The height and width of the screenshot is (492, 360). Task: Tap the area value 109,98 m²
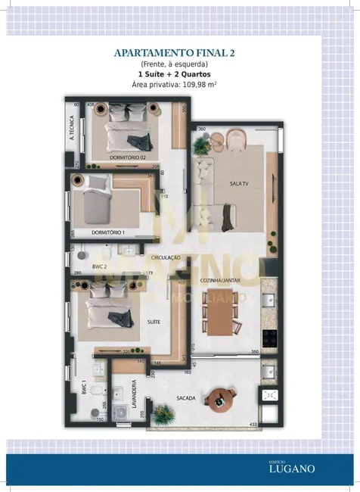[198, 86]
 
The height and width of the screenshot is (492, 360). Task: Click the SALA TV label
[240, 184]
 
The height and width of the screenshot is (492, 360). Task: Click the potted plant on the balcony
[162, 413]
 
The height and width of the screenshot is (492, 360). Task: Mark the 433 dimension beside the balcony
[274, 424]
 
